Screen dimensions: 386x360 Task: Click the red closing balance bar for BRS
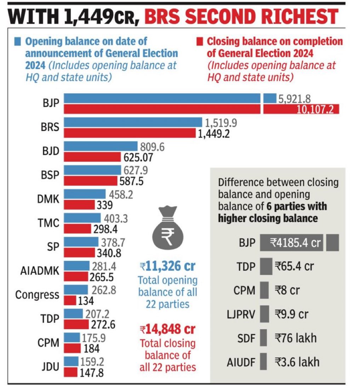130,133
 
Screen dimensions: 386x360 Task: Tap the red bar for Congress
70,300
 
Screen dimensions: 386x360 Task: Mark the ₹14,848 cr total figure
167,329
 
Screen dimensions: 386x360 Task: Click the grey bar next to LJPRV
264,314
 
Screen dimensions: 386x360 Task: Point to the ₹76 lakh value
297,338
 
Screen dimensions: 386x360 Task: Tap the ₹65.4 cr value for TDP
294,266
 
